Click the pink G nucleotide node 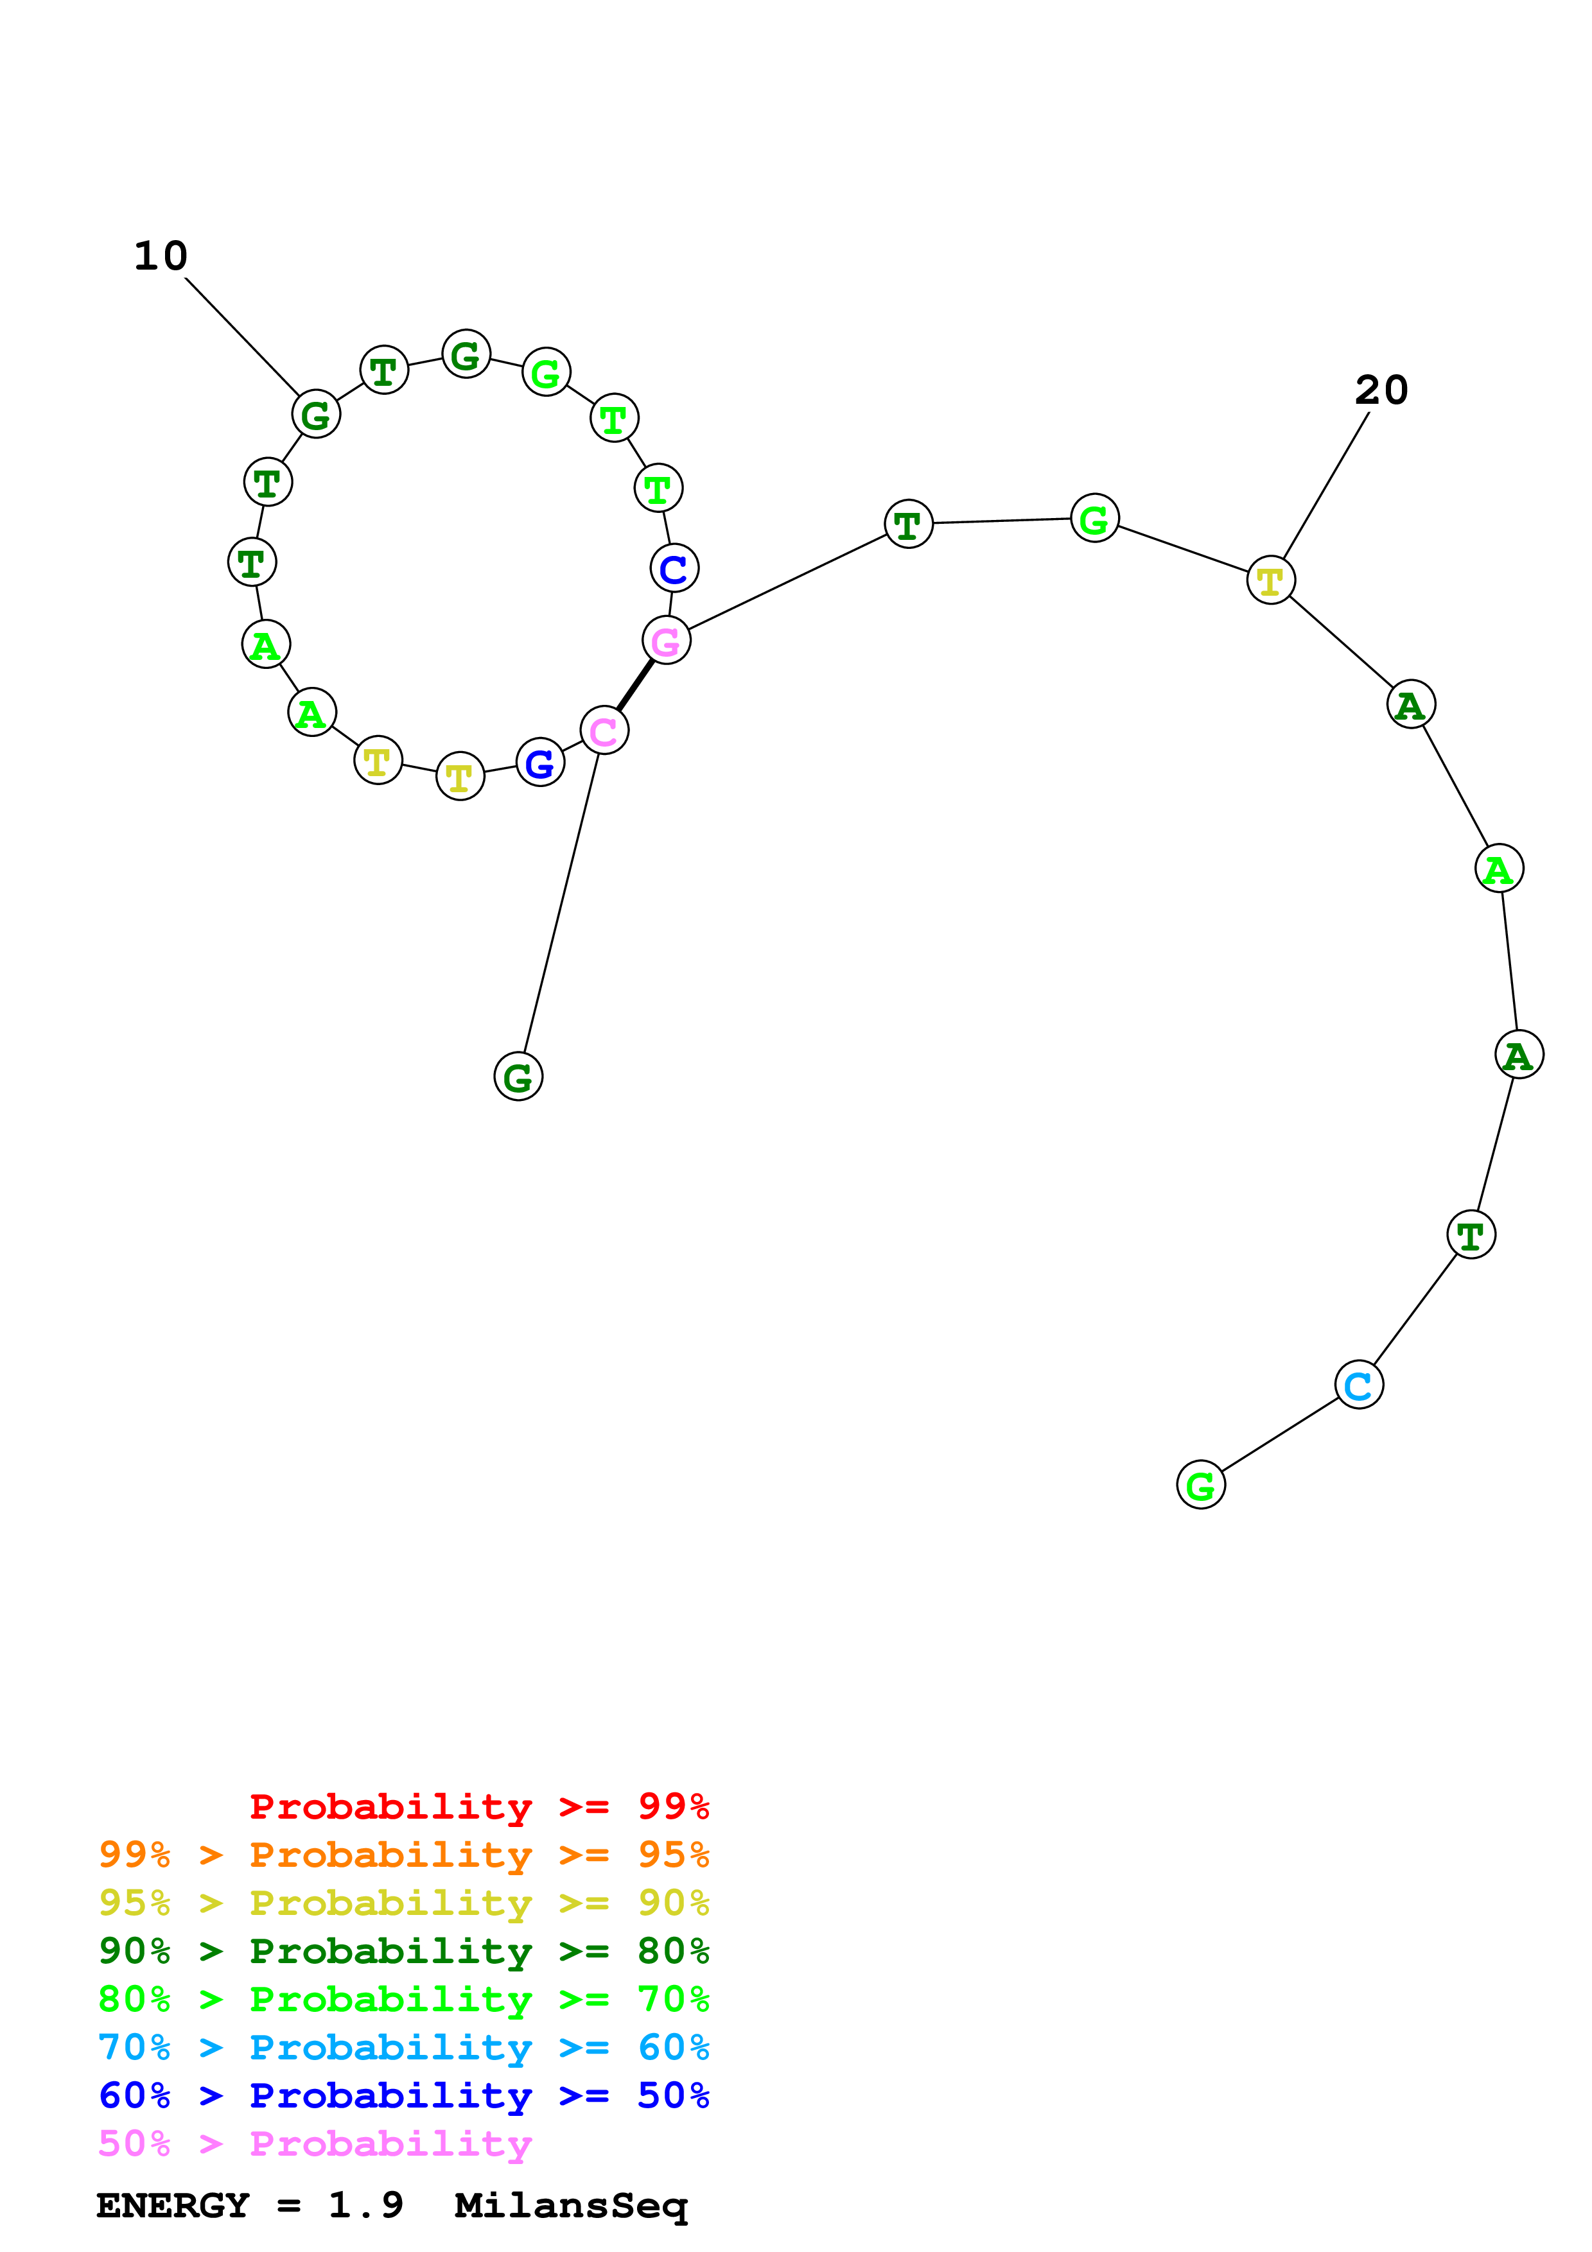666,641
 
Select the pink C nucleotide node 604,731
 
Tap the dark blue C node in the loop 674,568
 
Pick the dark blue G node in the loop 539,763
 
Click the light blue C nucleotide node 1358,1385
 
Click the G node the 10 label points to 316,414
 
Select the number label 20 1381,390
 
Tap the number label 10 161,256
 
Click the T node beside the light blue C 1471,1235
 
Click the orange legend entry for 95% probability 403,1855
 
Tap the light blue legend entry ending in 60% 403,2047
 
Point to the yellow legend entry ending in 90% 403,1903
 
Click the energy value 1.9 365,2205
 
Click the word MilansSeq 571,2205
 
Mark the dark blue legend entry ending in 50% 403,2095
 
